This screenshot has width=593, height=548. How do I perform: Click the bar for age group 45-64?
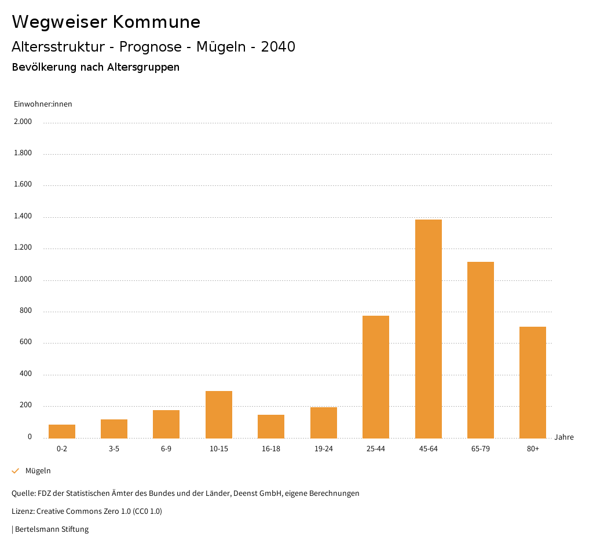(428, 328)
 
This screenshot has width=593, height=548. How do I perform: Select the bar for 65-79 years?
(481, 350)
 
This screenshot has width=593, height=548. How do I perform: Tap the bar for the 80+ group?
(533, 382)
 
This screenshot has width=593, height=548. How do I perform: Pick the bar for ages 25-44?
(376, 377)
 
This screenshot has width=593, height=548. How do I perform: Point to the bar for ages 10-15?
(219, 414)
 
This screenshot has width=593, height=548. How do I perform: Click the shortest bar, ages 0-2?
(62, 431)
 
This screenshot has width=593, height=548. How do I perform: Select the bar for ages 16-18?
(271, 426)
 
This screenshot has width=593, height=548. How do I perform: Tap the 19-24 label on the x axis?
(324, 449)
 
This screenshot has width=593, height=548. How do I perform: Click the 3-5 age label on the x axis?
(114, 449)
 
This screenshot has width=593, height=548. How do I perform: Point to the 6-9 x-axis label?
(166, 449)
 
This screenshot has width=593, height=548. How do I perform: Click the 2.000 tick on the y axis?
(23, 122)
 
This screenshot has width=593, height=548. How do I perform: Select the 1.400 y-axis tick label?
(23, 217)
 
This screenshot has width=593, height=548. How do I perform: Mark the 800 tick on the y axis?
(26, 311)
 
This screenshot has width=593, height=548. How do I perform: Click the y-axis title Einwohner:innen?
(43, 104)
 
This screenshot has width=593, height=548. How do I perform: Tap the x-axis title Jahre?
(564, 437)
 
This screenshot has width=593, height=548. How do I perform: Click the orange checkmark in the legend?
(16, 471)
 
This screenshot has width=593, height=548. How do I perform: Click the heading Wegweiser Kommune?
(106, 22)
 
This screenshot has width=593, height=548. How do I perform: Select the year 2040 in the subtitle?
(278, 47)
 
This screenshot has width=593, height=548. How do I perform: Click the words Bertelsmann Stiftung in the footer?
(52, 529)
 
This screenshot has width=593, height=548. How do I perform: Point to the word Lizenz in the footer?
(23, 512)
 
